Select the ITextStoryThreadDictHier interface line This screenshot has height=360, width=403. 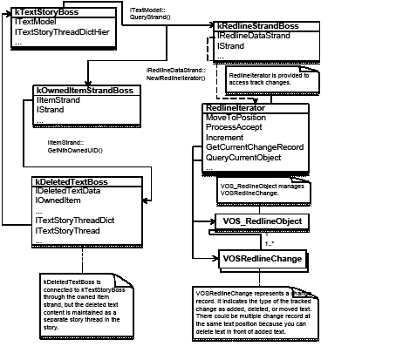pyautogui.click(x=61, y=32)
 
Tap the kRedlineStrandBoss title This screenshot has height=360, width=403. pyautogui.click(x=258, y=26)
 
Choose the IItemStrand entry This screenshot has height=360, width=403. pyautogui.click(x=57, y=100)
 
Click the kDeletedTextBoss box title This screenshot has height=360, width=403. pyautogui.click(x=69, y=180)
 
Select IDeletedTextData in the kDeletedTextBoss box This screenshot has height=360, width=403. pyautogui.click(x=67, y=190)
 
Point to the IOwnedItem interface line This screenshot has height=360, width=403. pyautogui.click(x=58, y=200)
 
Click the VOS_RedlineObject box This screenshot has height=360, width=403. pyautogui.click(x=262, y=222)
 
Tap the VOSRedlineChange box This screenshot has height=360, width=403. pyautogui.click(x=262, y=259)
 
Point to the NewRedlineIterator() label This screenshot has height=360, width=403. pyautogui.click(x=175, y=78)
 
